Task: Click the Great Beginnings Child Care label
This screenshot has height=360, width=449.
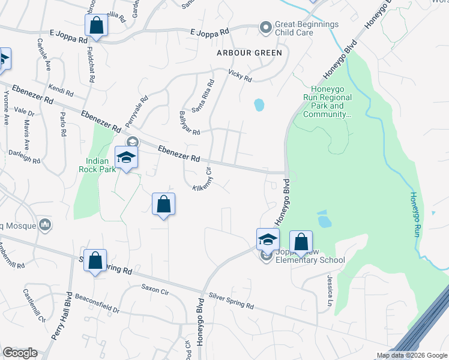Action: [x=307, y=28]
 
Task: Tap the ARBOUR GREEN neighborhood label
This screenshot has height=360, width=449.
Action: [x=249, y=53]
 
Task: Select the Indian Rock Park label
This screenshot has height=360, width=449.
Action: [x=94, y=165]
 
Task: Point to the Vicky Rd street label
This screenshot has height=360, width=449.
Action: [x=240, y=76]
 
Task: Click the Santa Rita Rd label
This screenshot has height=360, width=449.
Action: [x=203, y=97]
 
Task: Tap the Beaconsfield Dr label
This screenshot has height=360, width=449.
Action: [x=97, y=304]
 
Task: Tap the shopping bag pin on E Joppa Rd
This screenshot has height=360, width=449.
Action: [x=96, y=26]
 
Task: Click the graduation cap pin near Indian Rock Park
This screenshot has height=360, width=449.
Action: [x=127, y=158]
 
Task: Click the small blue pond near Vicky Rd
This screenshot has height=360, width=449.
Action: [x=259, y=105]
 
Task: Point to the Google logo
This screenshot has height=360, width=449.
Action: [x=20, y=353]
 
